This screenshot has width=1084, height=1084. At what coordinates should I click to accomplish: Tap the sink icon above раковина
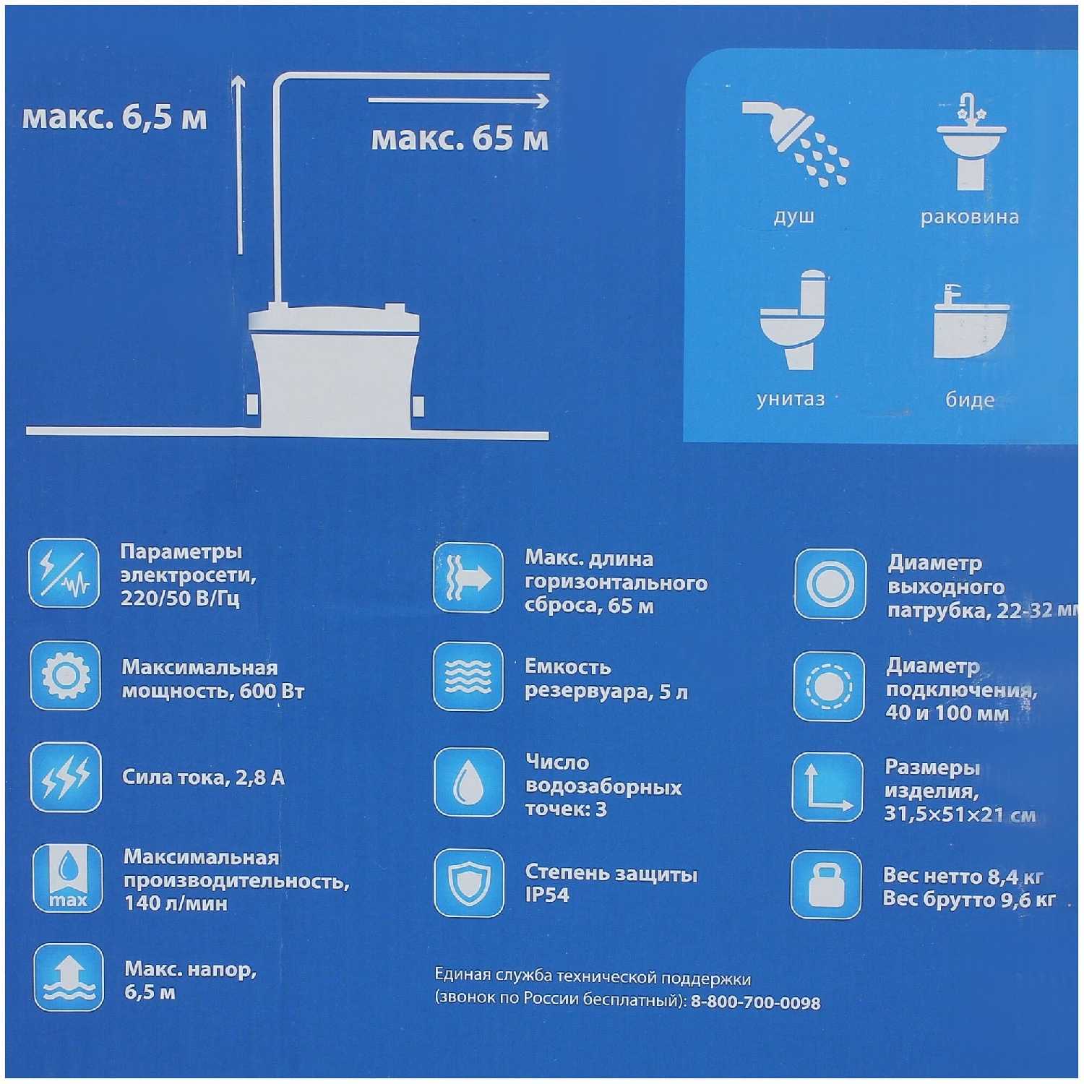point(971,142)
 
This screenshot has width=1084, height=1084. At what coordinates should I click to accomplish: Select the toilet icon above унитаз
point(793,319)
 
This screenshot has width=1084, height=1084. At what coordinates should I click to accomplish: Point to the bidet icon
point(971,322)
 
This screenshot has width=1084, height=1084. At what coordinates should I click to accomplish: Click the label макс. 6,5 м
point(115,117)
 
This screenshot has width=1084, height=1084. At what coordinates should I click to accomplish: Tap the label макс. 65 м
point(460,138)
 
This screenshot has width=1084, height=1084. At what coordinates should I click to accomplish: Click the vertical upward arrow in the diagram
point(238,165)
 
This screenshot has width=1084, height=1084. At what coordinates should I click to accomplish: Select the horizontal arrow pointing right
point(459,100)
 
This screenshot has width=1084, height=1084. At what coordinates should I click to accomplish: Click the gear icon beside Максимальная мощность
point(66,676)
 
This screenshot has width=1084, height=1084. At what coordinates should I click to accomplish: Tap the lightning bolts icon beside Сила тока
point(66,778)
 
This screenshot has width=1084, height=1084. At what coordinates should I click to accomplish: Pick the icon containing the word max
point(68,878)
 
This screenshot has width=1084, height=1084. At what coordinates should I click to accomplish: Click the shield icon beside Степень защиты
point(469,882)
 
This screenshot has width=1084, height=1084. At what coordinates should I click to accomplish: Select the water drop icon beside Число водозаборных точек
point(469,783)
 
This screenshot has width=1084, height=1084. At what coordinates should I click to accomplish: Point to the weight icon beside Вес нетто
point(827,885)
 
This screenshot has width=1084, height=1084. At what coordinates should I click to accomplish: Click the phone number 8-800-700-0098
point(755,1002)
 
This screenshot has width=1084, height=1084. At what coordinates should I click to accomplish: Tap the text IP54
point(547,895)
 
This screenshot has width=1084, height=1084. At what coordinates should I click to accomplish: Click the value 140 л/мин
point(176,903)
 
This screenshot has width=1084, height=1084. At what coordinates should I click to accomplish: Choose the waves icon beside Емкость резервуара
point(468,676)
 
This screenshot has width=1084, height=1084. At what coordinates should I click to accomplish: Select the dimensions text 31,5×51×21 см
point(960,814)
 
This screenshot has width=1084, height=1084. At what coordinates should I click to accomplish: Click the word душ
point(794,217)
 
